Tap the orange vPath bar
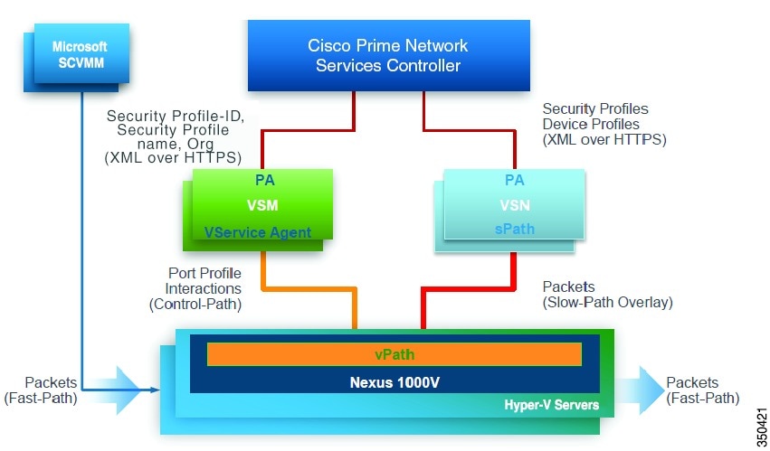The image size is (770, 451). [x=395, y=355]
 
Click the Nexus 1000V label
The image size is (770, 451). [x=395, y=381]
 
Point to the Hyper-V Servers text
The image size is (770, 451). [x=551, y=405]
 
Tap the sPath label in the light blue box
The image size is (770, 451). [x=514, y=230]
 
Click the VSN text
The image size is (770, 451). [x=514, y=205]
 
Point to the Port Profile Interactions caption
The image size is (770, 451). [x=204, y=288]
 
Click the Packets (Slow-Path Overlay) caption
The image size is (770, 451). [x=607, y=294]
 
